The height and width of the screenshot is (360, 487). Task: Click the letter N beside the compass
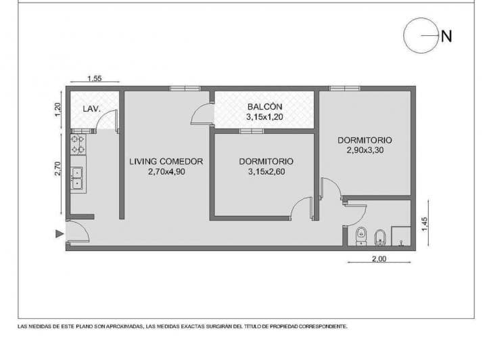point(446,37)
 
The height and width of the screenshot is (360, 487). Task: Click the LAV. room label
point(91,109)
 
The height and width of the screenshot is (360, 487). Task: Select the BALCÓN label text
point(265,106)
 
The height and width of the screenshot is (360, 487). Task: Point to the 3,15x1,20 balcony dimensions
point(264,117)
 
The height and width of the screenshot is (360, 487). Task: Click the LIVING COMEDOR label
point(166,162)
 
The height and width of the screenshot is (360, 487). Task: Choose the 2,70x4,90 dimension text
point(166,172)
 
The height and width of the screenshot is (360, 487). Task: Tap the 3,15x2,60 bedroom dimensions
point(266,172)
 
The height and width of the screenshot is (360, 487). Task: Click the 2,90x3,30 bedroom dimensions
point(365,150)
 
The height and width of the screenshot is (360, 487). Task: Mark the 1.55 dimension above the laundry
point(95,78)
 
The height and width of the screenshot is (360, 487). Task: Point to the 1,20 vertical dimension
point(58,110)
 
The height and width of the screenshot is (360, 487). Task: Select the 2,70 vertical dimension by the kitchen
point(57,168)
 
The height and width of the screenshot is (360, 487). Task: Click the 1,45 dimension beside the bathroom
point(425,224)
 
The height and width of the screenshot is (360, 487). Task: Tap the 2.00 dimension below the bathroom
point(379,258)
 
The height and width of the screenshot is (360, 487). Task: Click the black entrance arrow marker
point(60,234)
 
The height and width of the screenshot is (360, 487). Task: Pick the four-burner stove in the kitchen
point(78,144)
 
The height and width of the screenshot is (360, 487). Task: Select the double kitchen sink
point(76,178)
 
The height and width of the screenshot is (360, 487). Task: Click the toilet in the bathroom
point(361,235)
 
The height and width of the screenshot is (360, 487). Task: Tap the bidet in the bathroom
point(380,238)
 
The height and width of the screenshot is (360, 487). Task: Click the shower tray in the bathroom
point(401,236)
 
